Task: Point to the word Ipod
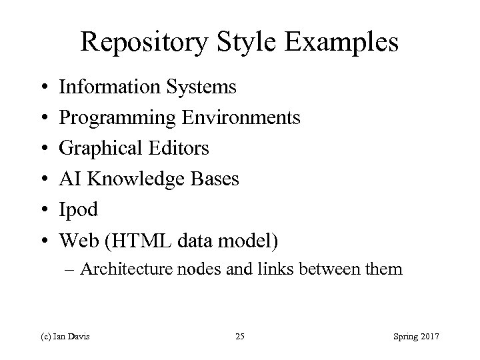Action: pyautogui.click(x=79, y=210)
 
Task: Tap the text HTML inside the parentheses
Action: pyautogui.click(x=131, y=240)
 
